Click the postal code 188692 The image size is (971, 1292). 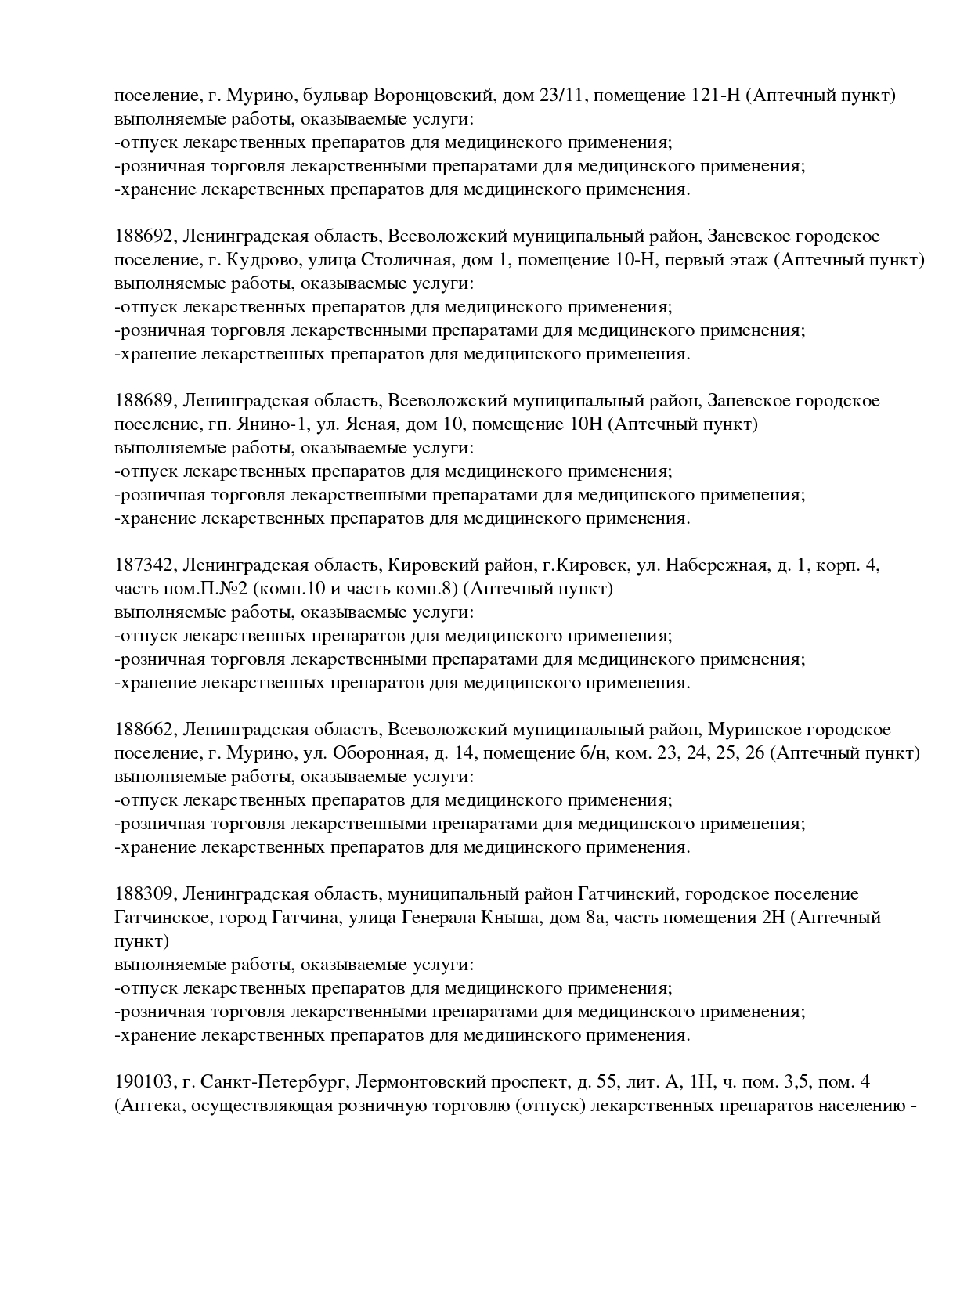145,236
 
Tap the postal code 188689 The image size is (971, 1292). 145,401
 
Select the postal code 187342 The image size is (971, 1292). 145,565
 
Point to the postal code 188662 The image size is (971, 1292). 145,730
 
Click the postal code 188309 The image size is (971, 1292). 145,894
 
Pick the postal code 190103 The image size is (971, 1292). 145,1082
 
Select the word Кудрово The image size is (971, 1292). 262,260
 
